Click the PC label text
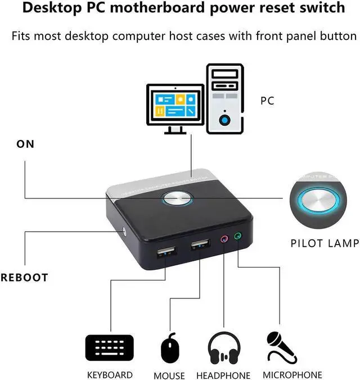coord(267,101)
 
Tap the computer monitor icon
coord(175,108)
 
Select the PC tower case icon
coord(225,98)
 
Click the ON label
coord(25,144)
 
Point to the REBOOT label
coord(25,277)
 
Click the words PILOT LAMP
coord(325,243)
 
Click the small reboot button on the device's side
coord(124,230)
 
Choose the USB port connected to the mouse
coord(199,245)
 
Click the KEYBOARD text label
coord(110,374)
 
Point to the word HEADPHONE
coord(223,375)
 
